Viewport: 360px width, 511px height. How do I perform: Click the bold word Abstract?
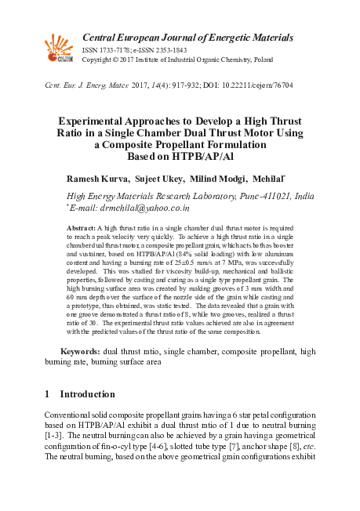[x=82, y=227]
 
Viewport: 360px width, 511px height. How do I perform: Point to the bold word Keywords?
[x=79, y=351]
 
